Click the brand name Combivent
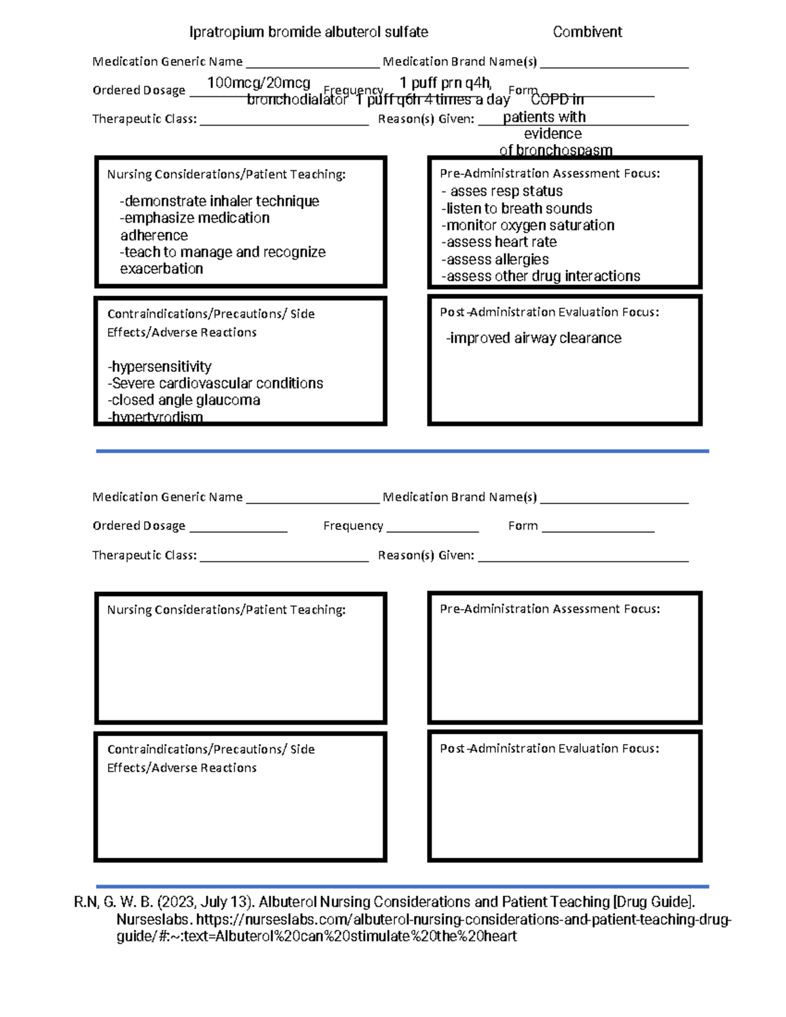click(587, 32)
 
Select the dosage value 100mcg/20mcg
click(258, 83)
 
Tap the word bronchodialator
click(297, 100)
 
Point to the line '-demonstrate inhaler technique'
click(219, 201)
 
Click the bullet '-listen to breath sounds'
click(517, 208)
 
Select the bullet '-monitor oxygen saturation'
click(528, 225)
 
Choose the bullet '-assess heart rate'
click(499, 242)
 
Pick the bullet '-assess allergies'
click(495, 259)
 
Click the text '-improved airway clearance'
click(533, 338)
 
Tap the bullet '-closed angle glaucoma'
click(183, 400)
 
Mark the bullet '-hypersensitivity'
click(159, 367)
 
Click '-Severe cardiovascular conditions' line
click(215, 383)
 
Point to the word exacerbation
click(161, 268)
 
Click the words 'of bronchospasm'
click(555, 150)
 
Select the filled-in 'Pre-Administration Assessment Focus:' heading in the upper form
click(550, 174)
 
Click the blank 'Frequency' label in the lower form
click(353, 526)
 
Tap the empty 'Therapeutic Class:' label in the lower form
click(144, 555)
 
